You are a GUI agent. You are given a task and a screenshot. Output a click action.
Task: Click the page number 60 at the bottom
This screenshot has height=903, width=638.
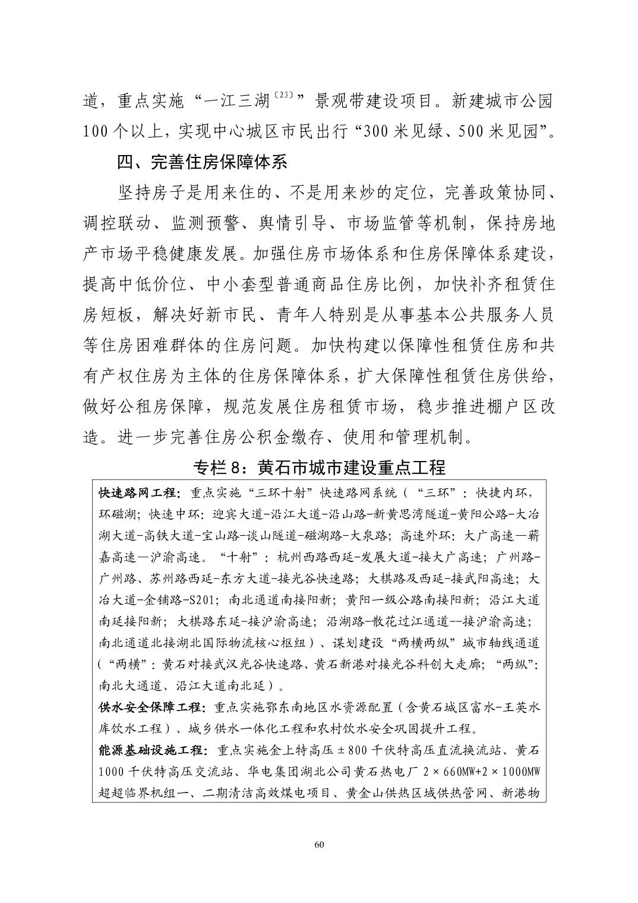tap(319, 845)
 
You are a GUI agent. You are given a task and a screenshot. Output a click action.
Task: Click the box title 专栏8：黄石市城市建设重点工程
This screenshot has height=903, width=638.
tap(319, 467)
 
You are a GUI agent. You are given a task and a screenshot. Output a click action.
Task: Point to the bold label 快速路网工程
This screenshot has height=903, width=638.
tap(136, 492)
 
